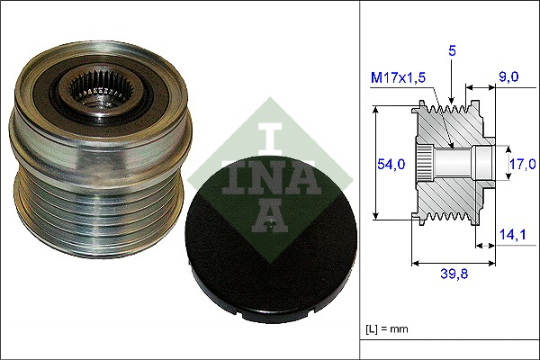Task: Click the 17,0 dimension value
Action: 522,164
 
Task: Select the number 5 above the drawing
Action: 453,51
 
